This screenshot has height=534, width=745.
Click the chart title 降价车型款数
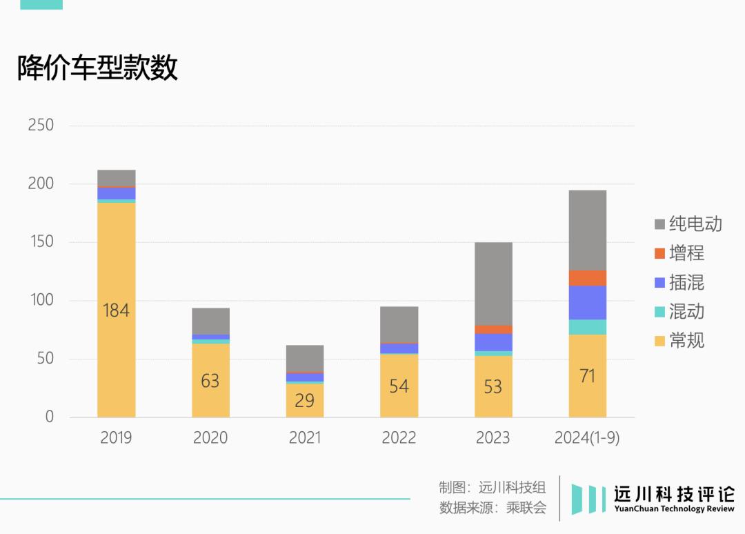tap(97, 68)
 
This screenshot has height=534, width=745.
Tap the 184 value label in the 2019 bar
tap(116, 310)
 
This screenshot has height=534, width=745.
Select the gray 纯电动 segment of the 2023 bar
tap(493, 284)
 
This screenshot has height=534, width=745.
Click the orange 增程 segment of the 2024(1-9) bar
tap(587, 277)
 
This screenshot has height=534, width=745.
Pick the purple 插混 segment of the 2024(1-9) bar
tap(587, 302)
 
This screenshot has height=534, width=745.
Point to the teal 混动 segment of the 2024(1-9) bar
tap(587, 327)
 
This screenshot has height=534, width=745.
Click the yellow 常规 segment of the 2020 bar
tap(210, 400)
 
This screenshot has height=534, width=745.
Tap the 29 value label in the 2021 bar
tap(304, 400)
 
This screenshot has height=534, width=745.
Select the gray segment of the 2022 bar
tap(399, 324)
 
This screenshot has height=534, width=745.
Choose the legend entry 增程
tap(679, 253)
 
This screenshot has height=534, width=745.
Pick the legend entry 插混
tap(679, 282)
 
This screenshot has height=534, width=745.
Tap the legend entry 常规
tap(679, 340)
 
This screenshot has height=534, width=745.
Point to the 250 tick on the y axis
tap(41, 126)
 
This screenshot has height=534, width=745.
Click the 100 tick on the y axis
tap(41, 300)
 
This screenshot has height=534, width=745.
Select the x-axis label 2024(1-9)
tap(587, 438)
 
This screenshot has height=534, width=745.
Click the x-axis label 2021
tap(304, 438)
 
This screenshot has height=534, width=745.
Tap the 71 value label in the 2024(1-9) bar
tap(587, 376)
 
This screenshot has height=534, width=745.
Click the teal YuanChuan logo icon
tap(588, 499)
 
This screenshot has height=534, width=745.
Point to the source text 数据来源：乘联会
tap(493, 508)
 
